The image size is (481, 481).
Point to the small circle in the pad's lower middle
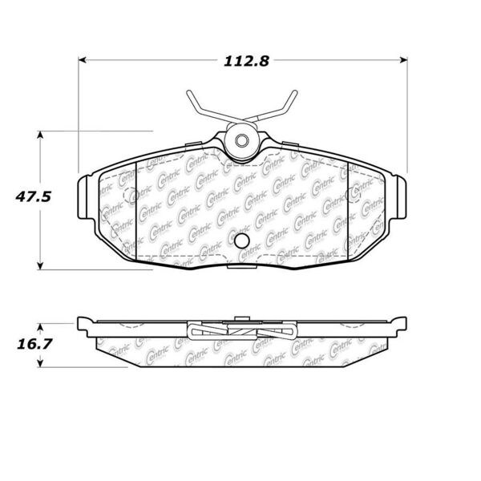tap(240, 241)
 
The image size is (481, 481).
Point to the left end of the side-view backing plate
tap(82, 325)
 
